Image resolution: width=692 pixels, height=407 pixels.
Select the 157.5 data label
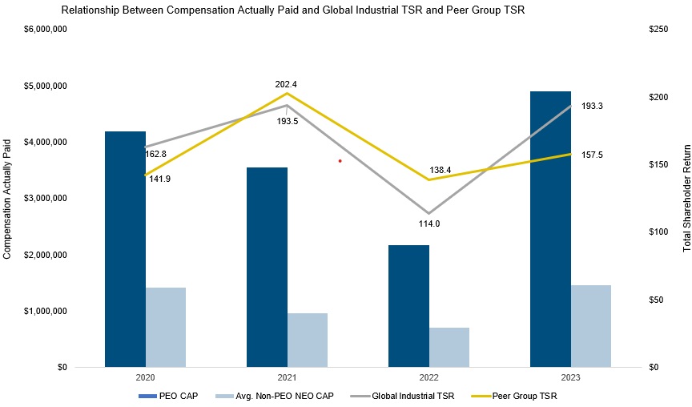(x=592, y=155)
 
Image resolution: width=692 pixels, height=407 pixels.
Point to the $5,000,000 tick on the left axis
(x=46, y=86)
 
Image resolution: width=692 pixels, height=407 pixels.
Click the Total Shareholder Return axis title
(x=686, y=199)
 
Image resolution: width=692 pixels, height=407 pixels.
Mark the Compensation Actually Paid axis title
(x=8, y=199)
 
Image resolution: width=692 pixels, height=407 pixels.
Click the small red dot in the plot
(x=340, y=161)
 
